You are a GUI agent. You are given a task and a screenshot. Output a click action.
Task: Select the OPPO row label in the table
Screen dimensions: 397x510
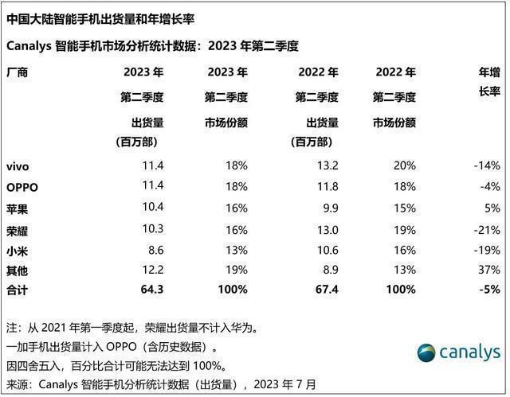click(22, 187)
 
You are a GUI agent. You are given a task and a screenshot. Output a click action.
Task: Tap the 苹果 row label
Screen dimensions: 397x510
click(18, 208)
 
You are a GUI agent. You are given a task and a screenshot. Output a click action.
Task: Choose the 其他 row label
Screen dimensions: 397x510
click(18, 270)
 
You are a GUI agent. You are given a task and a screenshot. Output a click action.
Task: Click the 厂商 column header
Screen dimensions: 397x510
click(18, 72)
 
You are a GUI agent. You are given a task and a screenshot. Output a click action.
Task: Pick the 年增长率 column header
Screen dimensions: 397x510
click(488, 82)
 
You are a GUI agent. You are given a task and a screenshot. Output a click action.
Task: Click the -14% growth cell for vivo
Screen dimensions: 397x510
click(486, 166)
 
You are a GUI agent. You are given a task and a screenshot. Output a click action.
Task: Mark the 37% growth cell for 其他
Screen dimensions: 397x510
click(489, 270)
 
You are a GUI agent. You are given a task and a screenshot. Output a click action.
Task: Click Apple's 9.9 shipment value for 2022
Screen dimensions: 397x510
click(329, 208)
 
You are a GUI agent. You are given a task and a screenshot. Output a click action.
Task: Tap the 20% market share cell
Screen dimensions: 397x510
click(404, 166)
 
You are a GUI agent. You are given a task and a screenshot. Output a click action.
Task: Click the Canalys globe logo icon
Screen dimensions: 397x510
click(426, 352)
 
